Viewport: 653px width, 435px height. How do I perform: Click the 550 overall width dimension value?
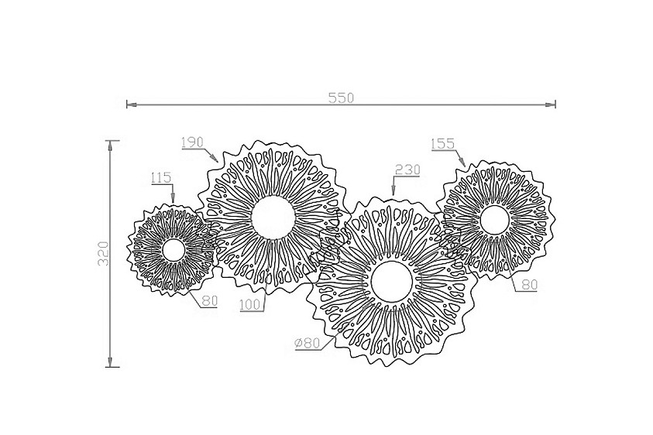341,98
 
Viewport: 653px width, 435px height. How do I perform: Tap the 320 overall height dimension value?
103,254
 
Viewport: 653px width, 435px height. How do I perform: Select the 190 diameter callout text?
192,142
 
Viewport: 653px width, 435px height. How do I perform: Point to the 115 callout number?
162,178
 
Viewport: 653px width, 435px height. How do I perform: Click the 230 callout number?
407,170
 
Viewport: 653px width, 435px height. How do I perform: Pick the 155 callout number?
442,144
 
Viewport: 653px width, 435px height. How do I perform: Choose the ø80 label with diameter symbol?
308,343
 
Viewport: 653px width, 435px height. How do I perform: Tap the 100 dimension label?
251,305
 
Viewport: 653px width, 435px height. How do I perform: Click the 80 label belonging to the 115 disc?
210,300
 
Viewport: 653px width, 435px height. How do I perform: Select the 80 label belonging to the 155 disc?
529,285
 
